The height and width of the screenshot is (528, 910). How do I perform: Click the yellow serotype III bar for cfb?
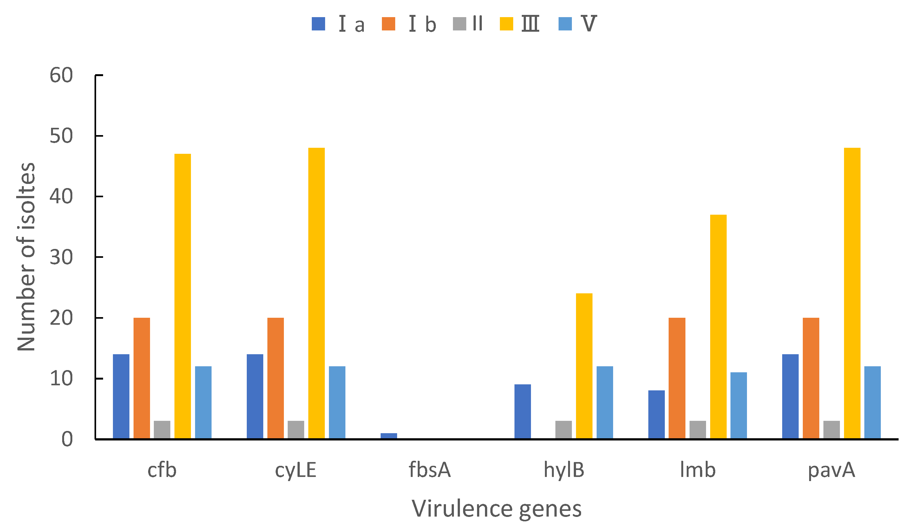[x=182, y=296]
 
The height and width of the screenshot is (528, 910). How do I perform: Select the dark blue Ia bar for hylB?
[x=522, y=411]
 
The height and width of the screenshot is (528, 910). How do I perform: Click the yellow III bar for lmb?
[x=718, y=327]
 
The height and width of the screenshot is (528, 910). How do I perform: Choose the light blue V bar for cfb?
[x=203, y=402]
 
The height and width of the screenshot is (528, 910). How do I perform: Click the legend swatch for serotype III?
[x=506, y=24]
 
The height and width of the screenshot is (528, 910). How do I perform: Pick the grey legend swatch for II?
[x=459, y=24]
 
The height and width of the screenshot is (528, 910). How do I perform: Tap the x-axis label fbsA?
[x=429, y=470]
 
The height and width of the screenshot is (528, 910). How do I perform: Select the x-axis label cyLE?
[x=295, y=470]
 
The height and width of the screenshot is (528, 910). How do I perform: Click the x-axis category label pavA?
[x=831, y=470]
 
